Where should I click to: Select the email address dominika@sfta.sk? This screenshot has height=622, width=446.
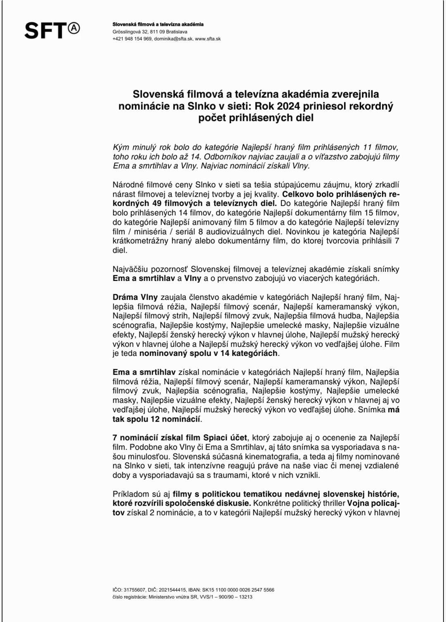point(173,39)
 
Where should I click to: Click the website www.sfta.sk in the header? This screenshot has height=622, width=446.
point(208,39)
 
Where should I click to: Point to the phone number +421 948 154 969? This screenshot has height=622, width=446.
point(132,39)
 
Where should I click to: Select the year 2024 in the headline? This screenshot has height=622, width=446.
point(289,106)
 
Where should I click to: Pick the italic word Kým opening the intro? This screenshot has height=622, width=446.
point(121,147)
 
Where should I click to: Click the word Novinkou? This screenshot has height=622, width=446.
point(304,232)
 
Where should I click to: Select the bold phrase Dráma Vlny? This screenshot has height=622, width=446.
point(135,297)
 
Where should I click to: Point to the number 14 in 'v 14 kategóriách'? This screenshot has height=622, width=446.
point(224,353)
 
